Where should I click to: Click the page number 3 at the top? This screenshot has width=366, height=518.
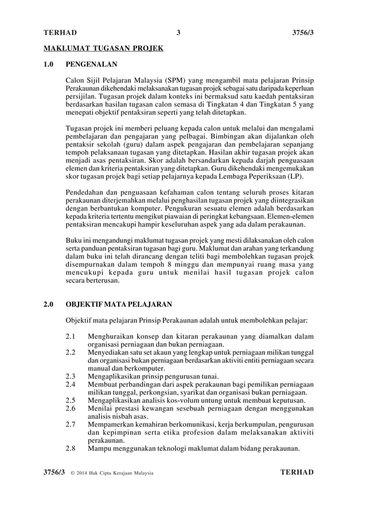click(x=178, y=33)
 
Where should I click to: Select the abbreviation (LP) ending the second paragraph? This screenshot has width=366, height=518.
click(x=297, y=177)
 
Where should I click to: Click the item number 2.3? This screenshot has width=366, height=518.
click(x=71, y=377)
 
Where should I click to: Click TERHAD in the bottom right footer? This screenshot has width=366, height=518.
click(x=297, y=473)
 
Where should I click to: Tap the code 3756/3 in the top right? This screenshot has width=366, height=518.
click(x=302, y=33)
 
